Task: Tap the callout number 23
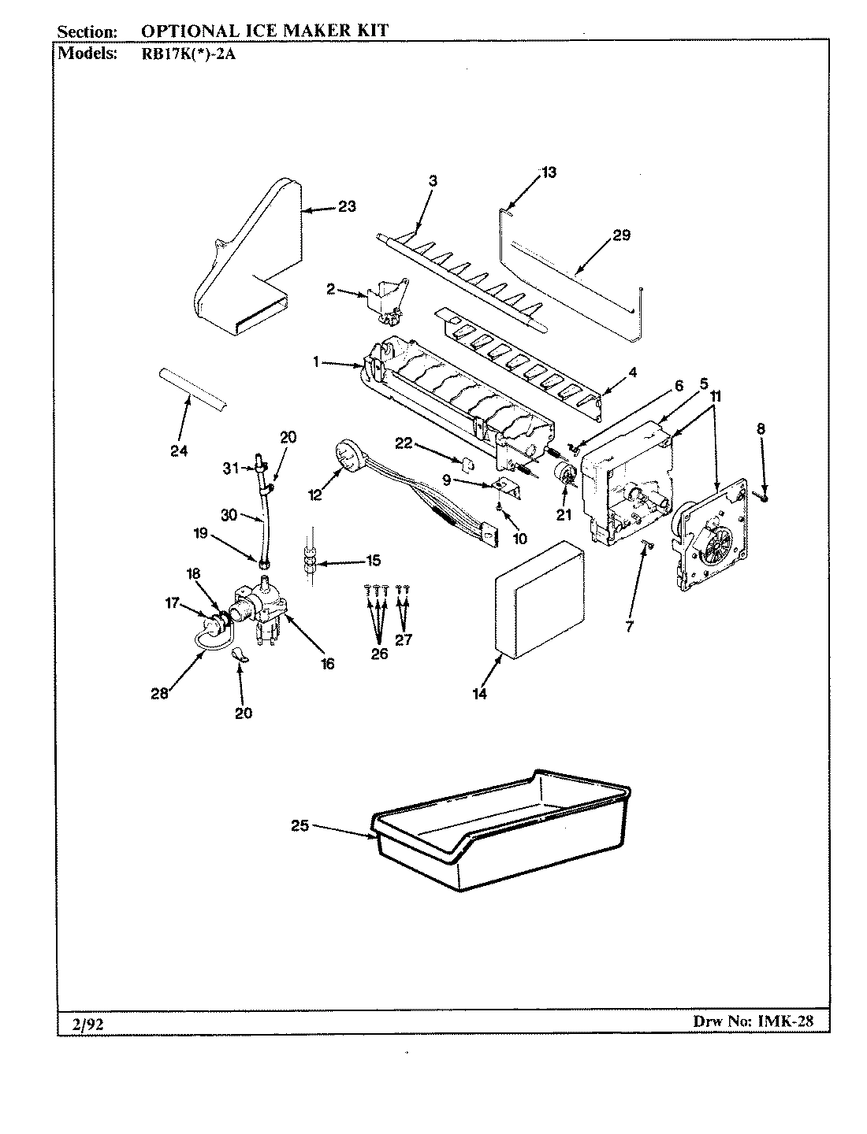[346, 207]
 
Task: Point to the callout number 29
[621, 235]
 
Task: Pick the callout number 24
[178, 452]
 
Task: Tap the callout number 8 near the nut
[760, 429]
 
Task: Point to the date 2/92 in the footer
[82, 1024]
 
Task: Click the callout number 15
[373, 561]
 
